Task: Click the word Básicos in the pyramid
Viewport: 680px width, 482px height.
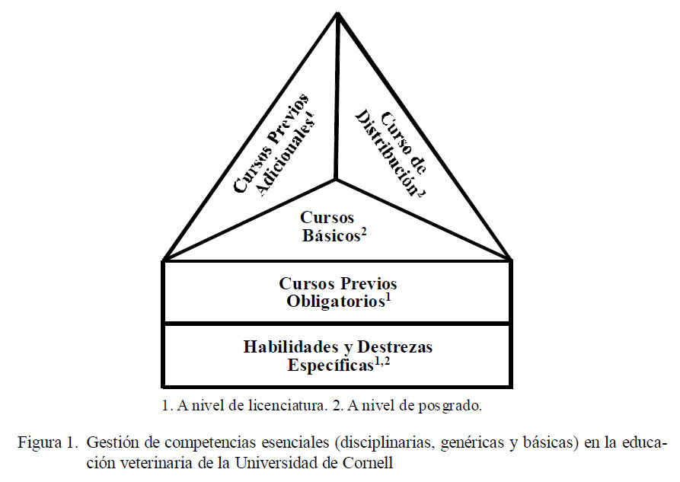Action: click(331, 235)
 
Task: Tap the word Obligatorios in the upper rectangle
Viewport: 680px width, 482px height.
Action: click(336, 302)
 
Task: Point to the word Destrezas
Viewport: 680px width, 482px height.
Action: click(394, 346)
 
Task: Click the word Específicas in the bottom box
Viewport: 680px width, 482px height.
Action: click(330, 365)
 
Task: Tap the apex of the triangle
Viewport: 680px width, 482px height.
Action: click(337, 13)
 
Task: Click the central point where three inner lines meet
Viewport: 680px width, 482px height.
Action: click(335, 179)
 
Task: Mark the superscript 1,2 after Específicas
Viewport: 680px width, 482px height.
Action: click(382, 362)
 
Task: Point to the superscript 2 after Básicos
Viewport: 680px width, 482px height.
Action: click(364, 232)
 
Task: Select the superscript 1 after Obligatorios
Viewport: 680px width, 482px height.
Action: click(388, 298)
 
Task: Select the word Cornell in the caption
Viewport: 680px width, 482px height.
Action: click(368, 462)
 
